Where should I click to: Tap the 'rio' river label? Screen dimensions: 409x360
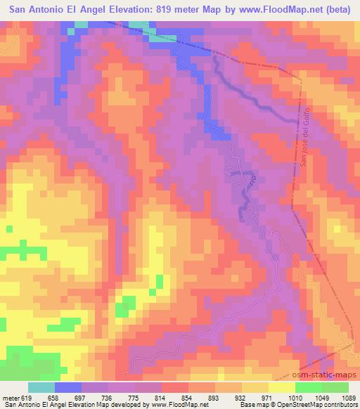point(249,181)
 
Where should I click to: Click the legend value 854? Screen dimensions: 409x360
point(184,398)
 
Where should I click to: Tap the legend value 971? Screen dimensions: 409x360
point(262,398)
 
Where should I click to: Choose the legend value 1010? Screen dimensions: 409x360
point(288,398)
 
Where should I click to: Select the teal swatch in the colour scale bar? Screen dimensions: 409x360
point(41,387)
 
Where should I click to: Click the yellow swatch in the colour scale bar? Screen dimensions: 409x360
point(282,387)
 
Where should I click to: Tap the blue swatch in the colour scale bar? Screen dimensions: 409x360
point(68,387)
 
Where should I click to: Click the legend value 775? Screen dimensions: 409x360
point(131,398)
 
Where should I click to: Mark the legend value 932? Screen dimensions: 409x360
point(236,398)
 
